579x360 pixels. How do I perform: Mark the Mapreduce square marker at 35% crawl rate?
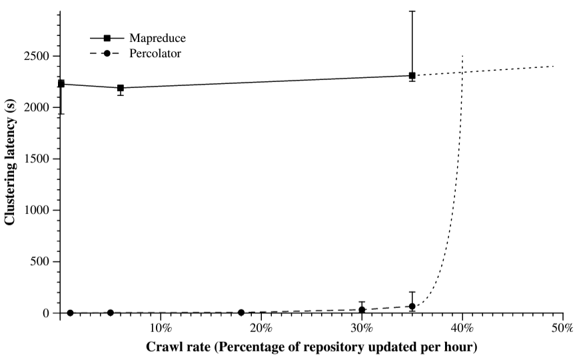coord(412,75)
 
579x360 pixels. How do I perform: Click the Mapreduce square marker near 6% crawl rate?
coord(121,88)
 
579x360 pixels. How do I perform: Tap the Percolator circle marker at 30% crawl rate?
coord(362,309)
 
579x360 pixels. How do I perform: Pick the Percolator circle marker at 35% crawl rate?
coord(412,306)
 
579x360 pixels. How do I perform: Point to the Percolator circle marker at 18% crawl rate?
coord(241,312)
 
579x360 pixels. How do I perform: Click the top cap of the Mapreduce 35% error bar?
coord(412,11)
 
